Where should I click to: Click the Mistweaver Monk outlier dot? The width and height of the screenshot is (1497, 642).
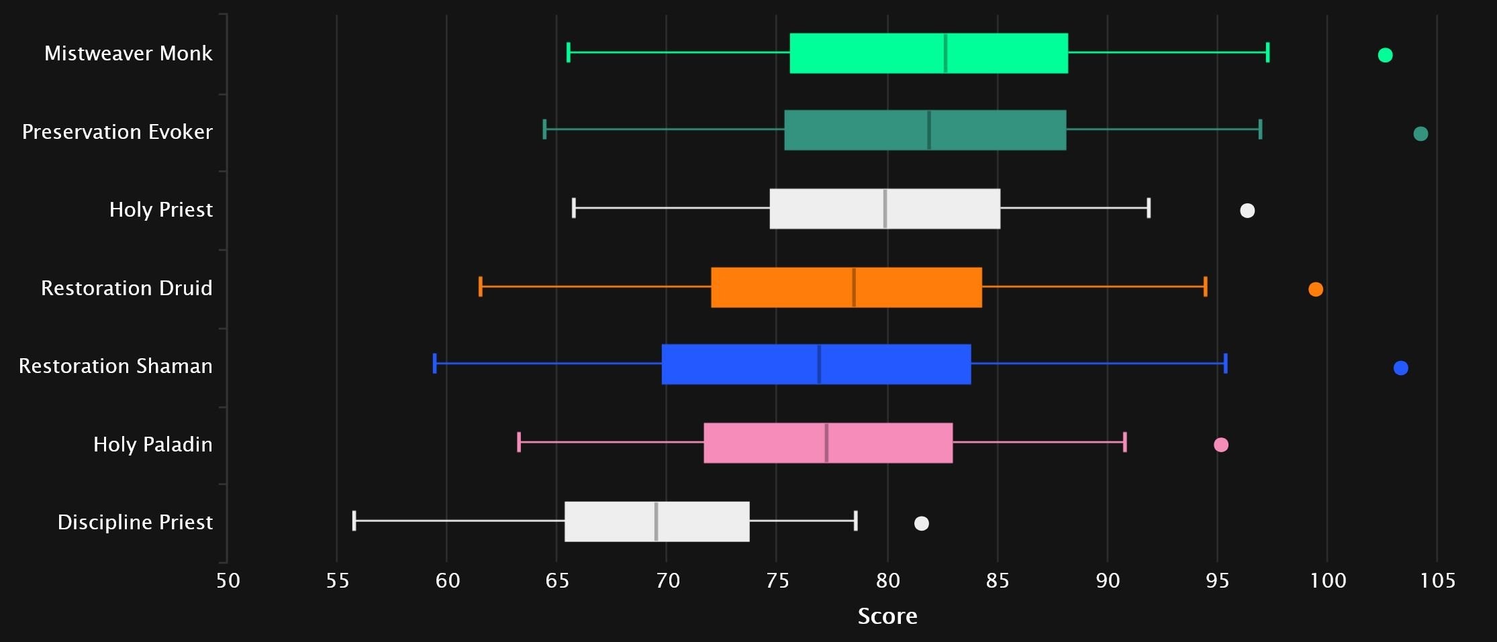coord(1385,55)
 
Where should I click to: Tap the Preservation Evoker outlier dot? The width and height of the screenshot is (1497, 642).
coord(1420,133)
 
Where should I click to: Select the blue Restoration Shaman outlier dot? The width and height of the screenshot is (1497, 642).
coord(1400,368)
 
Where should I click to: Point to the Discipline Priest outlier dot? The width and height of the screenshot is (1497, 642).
coord(922,523)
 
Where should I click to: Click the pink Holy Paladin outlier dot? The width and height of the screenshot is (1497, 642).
coord(1221,445)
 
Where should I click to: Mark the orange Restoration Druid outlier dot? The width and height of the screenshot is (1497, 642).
coord(1316,289)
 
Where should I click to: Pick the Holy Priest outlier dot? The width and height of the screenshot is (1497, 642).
coord(1247,211)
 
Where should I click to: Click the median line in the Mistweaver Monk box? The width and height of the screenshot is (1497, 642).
coord(945,53)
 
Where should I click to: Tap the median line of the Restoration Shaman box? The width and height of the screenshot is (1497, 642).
coord(819,364)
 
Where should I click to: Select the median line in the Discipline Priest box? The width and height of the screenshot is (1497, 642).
coord(656,521)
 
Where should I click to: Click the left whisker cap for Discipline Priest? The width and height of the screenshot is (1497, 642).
coord(354,521)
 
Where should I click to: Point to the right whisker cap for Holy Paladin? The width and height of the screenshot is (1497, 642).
coord(1125,442)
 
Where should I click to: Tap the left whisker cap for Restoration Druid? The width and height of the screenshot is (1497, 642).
coord(480,286)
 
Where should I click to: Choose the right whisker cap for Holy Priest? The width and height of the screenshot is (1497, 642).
coord(1149,208)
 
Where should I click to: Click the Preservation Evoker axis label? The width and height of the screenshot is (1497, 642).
coord(117,131)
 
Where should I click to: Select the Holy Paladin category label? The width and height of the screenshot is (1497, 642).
coord(153,444)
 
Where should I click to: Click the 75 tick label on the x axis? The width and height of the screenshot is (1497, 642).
coord(777,580)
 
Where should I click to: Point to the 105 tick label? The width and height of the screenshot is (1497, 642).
coord(1437,580)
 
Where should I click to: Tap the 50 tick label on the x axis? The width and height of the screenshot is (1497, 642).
coord(228,580)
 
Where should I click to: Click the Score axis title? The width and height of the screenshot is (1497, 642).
coord(887,616)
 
